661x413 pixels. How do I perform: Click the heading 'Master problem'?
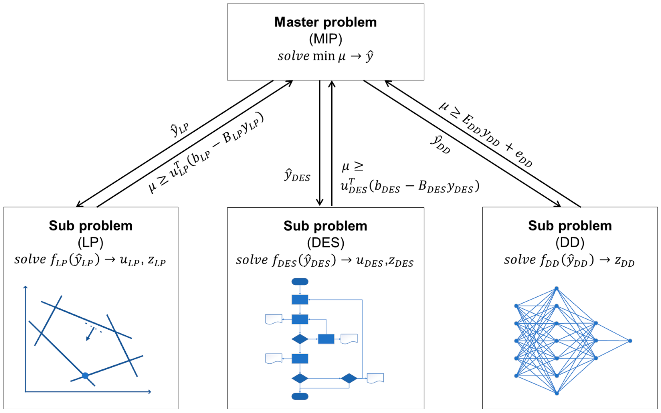coord(325,22)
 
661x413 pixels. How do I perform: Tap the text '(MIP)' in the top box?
coord(325,39)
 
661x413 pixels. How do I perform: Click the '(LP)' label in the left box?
coord(90,242)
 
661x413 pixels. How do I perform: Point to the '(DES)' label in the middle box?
coord(325,243)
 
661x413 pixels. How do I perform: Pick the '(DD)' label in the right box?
coord(570,242)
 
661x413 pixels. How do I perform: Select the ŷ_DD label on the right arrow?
coord(440,144)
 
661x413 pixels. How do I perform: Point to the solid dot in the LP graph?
coord(85,376)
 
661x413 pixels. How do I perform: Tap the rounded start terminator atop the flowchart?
coord(300,282)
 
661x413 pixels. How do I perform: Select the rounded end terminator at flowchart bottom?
coord(300,396)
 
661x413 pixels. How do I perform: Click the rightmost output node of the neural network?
coord(630,341)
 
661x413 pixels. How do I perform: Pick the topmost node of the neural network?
coord(556,288)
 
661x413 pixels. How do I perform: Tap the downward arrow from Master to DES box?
coord(320,143)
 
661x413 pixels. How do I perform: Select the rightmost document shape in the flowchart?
coord(375,378)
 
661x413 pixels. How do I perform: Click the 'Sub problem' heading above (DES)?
coord(325,226)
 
